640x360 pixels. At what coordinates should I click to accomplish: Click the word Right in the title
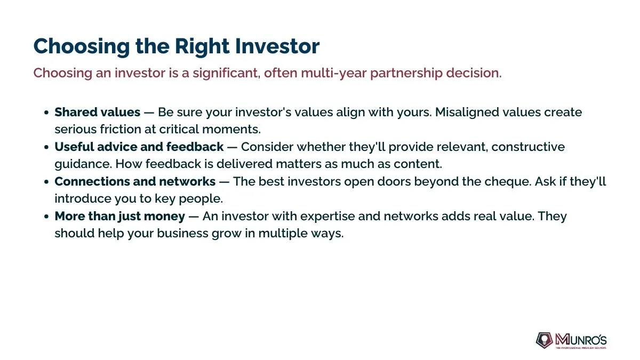(x=202, y=46)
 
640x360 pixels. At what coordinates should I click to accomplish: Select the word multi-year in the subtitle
(x=334, y=73)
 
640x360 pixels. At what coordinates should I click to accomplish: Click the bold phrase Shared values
(x=98, y=112)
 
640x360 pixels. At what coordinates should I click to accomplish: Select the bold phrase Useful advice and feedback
(x=139, y=147)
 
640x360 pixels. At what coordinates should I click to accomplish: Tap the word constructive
(x=528, y=147)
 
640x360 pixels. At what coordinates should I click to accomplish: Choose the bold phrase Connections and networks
(x=135, y=181)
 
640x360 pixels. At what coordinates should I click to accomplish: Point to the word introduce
(x=83, y=198)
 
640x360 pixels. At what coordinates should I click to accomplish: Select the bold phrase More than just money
(x=119, y=217)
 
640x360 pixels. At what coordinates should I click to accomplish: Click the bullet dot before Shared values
(x=46, y=113)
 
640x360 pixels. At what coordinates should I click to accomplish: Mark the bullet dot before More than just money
(x=46, y=217)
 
